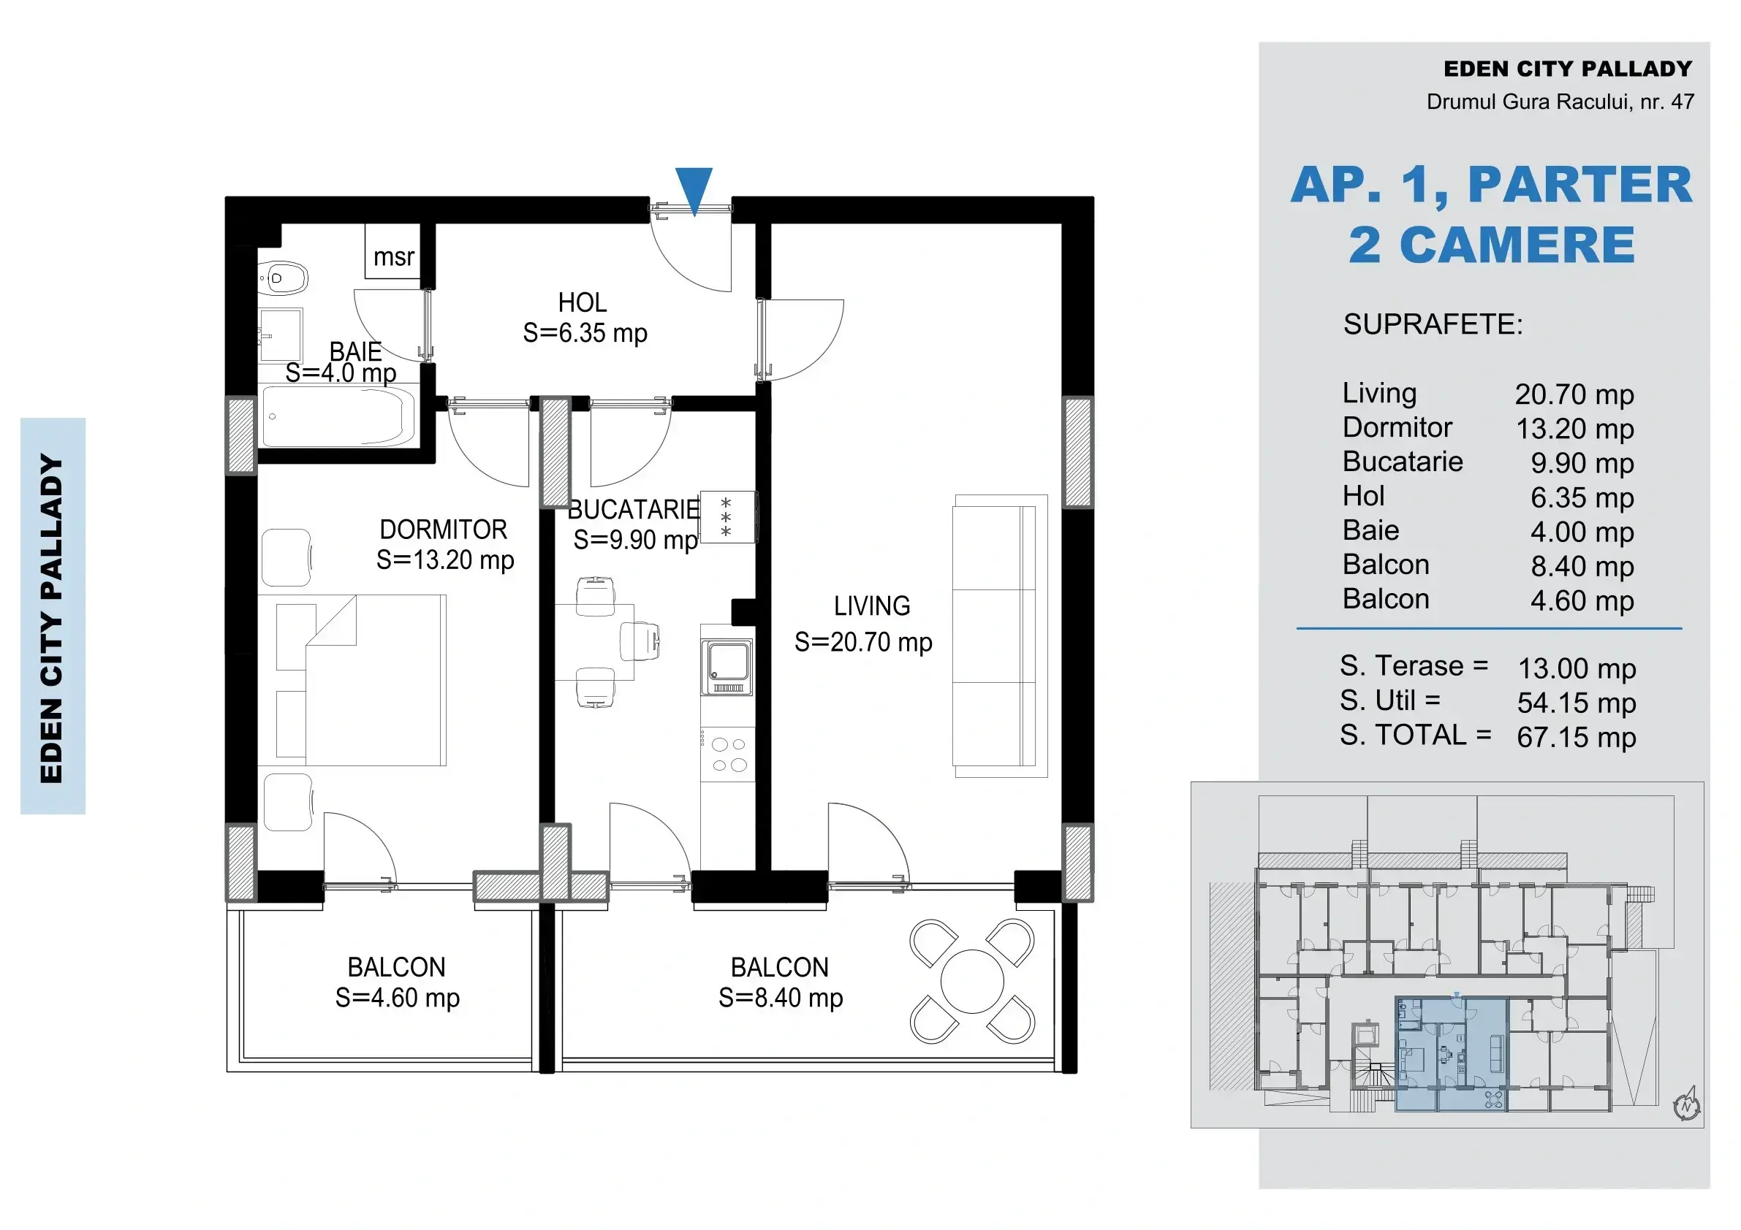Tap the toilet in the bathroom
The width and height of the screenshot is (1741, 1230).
[284, 278]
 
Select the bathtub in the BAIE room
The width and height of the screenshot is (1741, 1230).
[338, 416]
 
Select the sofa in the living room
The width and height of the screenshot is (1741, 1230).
[1000, 636]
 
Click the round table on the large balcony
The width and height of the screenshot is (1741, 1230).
[972, 981]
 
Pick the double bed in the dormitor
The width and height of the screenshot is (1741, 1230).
[361, 680]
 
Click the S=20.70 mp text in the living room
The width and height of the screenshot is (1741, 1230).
[863, 642]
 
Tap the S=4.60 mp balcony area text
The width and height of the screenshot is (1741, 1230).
[398, 997]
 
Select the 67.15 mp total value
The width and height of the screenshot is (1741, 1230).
[1577, 737]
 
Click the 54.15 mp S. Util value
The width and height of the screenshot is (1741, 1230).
[1577, 703]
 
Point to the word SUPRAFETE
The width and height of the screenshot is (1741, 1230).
[1433, 324]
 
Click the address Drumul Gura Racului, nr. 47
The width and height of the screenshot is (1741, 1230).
[1560, 102]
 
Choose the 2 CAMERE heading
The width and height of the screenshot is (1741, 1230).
[1492, 245]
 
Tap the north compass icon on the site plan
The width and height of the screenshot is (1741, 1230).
[1686, 1104]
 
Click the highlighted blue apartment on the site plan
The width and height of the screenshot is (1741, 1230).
[1452, 1054]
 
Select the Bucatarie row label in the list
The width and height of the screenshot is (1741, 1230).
[1403, 462]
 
